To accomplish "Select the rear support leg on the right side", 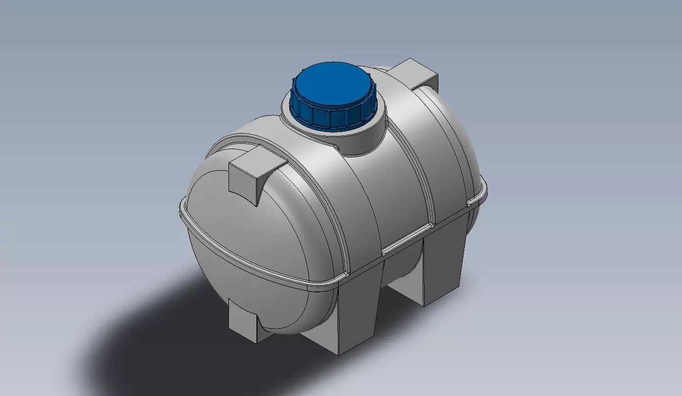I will click(441, 270).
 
